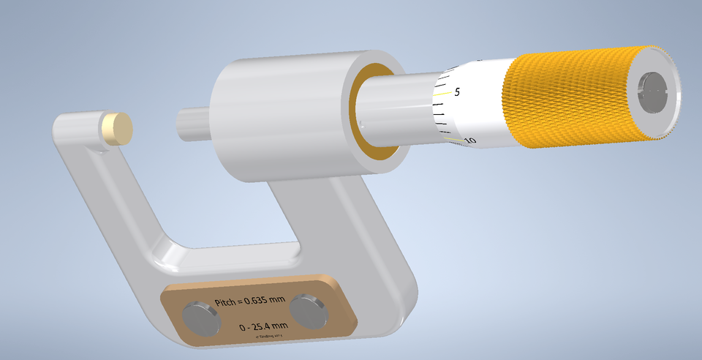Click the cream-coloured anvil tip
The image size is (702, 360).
tap(118, 129)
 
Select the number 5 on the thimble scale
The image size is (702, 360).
tap(457, 92)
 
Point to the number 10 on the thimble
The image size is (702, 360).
tap(470, 140)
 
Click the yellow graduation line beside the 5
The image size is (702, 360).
tap(441, 94)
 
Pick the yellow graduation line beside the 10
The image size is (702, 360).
tap(453, 138)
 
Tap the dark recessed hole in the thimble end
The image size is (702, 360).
tap(654, 92)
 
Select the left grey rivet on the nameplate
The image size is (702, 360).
tap(200, 320)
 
